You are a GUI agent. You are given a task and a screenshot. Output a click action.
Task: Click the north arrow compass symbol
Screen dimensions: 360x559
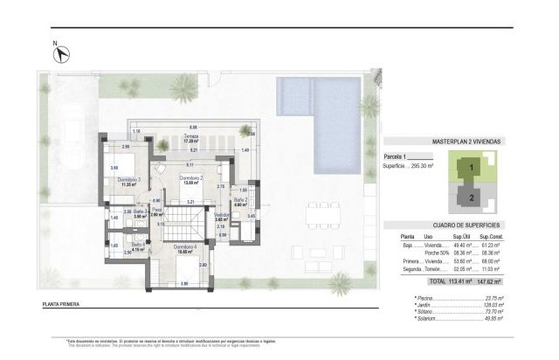pyautogui.click(x=62, y=53)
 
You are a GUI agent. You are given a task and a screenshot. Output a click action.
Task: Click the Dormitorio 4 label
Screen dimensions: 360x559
pyautogui.click(x=184, y=247)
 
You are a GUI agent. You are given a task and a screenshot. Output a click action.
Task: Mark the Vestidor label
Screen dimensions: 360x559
pyautogui.click(x=222, y=215)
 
